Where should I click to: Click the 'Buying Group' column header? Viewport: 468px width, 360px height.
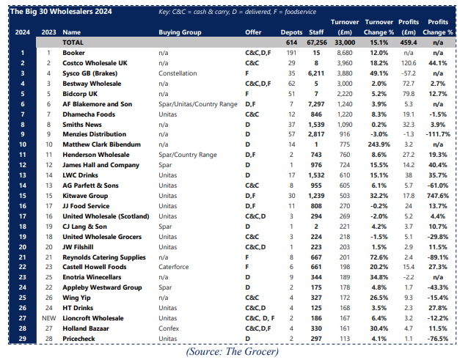point(180,33)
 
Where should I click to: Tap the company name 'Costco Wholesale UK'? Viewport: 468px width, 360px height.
point(93,64)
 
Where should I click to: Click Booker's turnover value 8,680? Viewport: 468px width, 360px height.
point(337,54)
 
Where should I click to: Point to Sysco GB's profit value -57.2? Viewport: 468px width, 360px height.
point(409,74)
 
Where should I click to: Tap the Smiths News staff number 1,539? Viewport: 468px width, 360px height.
point(316,125)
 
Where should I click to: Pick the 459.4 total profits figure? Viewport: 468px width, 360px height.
point(409,43)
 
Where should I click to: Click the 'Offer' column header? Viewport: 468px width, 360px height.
point(253,33)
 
